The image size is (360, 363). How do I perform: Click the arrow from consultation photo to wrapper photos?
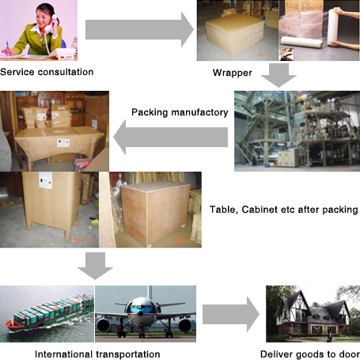point(139,30)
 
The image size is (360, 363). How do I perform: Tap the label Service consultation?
point(47,72)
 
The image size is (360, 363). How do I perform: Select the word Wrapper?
point(233,73)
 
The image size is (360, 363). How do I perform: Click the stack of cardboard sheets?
point(234,34)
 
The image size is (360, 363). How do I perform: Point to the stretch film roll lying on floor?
point(301,42)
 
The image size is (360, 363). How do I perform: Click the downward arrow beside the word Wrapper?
point(279,75)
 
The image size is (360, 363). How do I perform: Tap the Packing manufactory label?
point(180,112)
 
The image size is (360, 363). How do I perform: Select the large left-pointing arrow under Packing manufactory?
point(171,137)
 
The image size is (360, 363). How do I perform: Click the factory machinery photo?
point(297,131)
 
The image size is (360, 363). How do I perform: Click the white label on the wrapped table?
point(63,143)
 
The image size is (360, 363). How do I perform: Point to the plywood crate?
point(155,214)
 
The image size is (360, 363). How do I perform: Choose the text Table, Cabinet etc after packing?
point(284,210)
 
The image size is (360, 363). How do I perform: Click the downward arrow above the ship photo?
point(95,266)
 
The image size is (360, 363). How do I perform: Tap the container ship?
point(50,313)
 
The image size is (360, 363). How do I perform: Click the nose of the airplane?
point(140,313)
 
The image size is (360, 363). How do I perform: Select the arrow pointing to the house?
point(231,314)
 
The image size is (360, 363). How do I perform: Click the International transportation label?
point(97,354)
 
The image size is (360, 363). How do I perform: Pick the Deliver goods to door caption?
point(310,354)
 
